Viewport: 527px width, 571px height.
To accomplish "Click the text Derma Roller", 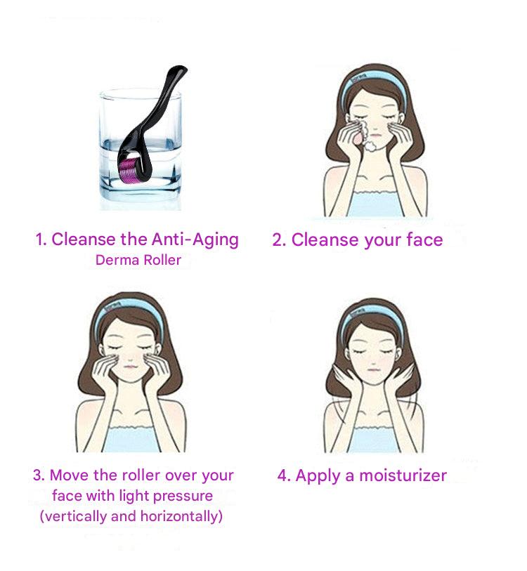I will pyautogui.click(x=138, y=261).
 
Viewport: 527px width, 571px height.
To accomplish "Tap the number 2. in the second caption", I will pyautogui.click(x=280, y=240).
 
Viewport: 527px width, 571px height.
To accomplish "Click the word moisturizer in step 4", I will pyautogui.click(x=403, y=475).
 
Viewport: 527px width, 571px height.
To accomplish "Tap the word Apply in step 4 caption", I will pyautogui.click(x=316, y=476).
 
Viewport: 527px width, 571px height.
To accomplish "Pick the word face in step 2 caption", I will pyautogui.click(x=424, y=240).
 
